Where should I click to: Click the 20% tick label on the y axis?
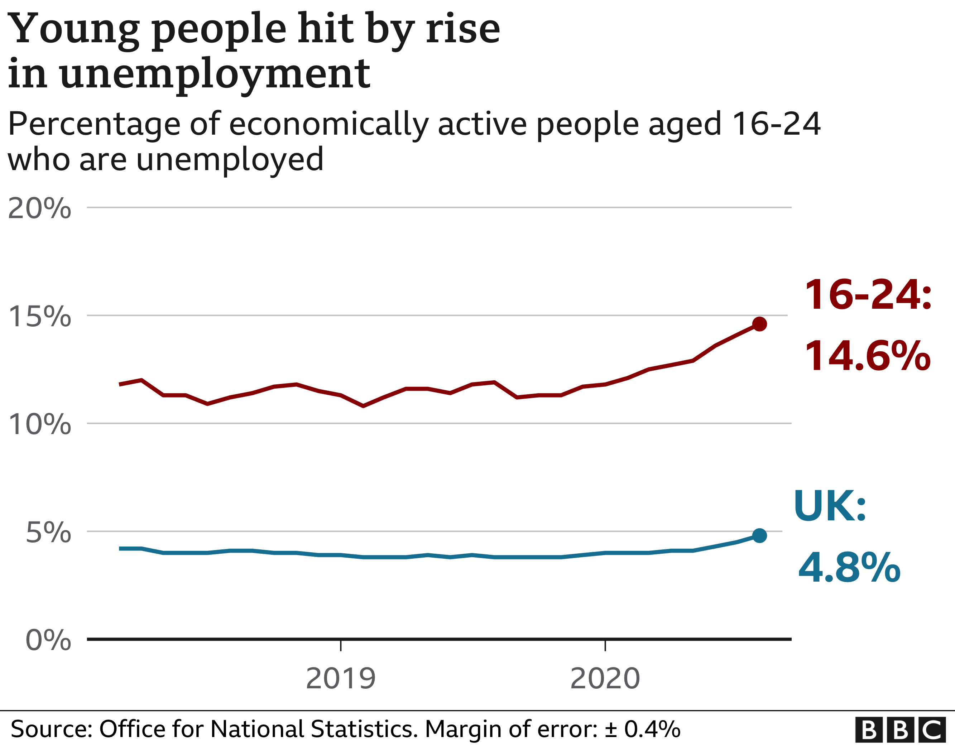point(39,208)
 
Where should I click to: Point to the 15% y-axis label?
point(39,316)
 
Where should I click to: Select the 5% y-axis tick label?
point(48,533)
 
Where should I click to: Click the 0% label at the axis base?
point(48,640)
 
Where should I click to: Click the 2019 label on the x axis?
point(341,679)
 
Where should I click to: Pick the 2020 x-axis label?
point(605,679)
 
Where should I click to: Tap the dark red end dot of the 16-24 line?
point(759,324)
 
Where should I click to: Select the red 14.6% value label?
point(868,356)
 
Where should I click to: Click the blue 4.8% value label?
point(849,568)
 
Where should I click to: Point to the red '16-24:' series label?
point(868,295)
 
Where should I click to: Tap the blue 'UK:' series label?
point(830,506)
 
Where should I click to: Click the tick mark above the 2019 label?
point(341,646)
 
